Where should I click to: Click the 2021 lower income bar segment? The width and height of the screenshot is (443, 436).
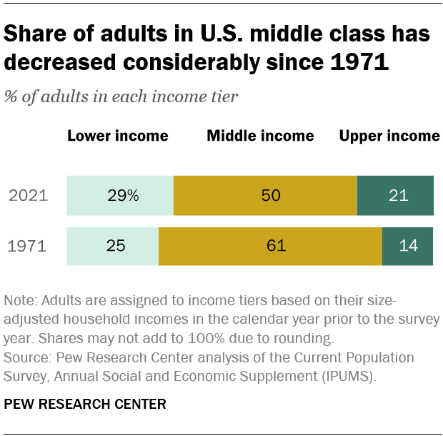coord(120,195)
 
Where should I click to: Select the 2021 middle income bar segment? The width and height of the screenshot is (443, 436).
coord(265,195)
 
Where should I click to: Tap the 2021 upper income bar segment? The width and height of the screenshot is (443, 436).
coord(395,195)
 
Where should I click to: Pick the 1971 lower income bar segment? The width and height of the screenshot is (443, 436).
coord(112,247)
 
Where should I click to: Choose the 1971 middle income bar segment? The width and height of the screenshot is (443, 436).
coord(270,247)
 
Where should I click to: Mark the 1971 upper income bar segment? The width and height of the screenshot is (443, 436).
coord(407,247)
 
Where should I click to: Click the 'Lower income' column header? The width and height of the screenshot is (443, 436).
coord(118,136)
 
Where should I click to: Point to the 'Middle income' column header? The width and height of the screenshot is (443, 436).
coord(260,136)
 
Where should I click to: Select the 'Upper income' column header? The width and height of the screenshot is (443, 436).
coord(389,136)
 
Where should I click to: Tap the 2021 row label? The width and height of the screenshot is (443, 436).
coord(27,196)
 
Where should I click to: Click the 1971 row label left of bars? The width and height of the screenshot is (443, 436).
coord(27,247)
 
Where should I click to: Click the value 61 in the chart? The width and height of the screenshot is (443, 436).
coord(275,247)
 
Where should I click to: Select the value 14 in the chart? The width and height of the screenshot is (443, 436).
coord(407,247)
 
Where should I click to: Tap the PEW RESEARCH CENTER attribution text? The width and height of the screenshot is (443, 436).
coord(85,405)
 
